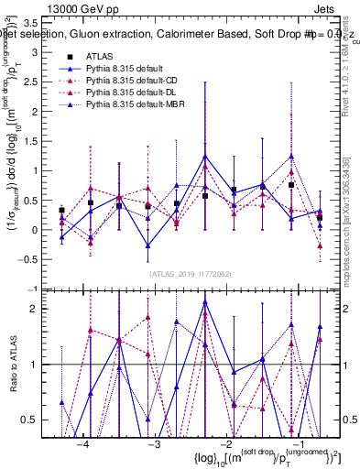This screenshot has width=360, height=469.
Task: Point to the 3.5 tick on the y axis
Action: click(39, 23)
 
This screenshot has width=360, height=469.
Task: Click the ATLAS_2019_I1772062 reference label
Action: click(191, 273)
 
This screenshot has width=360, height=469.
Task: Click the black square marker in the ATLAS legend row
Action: click(70, 57)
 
